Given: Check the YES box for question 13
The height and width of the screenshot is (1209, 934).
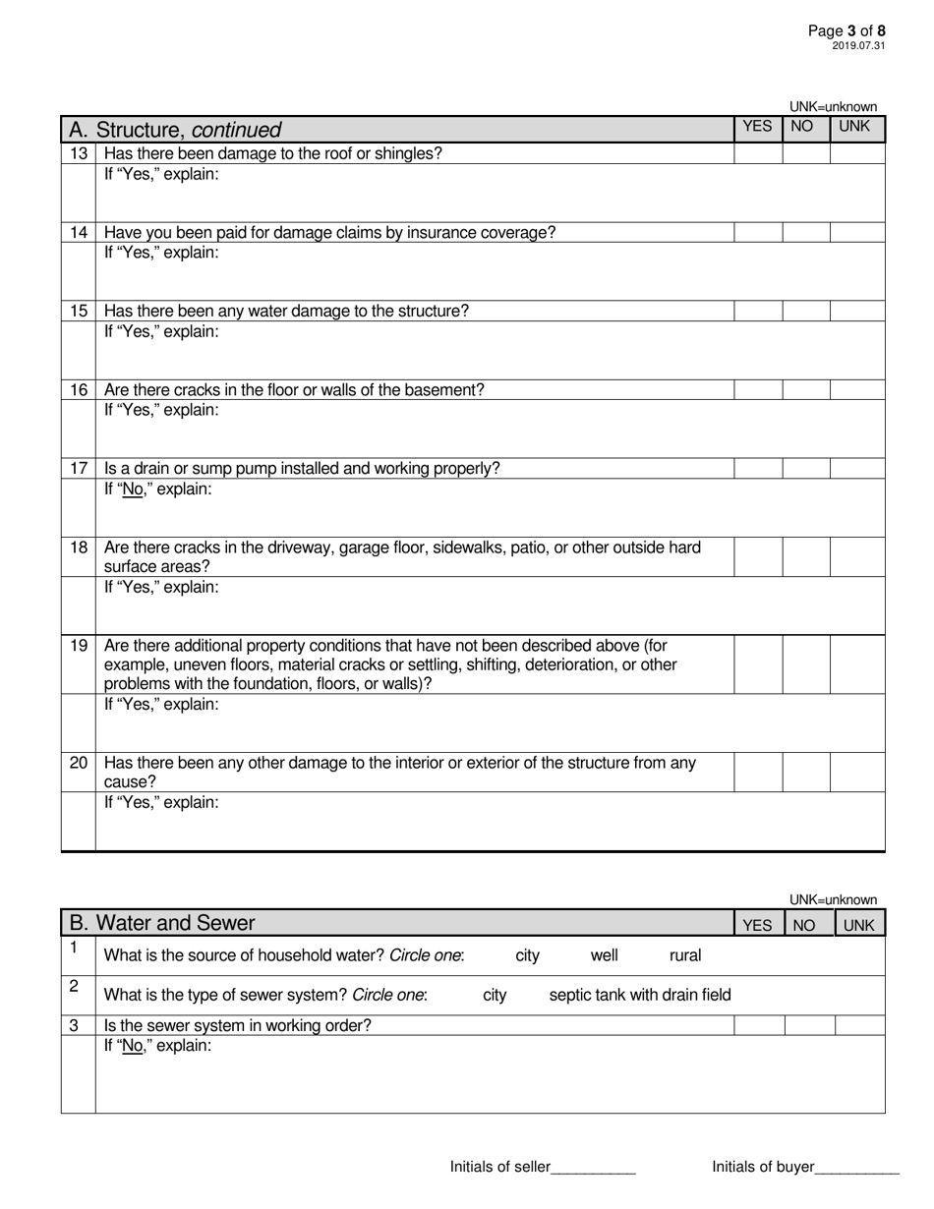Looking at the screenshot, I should pyautogui.click(x=758, y=153).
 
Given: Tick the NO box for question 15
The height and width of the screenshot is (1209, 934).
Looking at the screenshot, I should pyautogui.click(x=806, y=311).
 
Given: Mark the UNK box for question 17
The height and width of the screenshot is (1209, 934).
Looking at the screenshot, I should pyautogui.click(x=857, y=468).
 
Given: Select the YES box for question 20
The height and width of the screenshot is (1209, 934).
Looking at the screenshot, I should pyautogui.click(x=758, y=772).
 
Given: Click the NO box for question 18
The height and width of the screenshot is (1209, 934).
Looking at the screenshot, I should pyautogui.click(x=806, y=556).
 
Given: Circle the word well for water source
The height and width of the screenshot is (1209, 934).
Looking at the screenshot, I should pyautogui.click(x=605, y=954).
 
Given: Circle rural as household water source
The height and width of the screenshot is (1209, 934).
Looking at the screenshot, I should pyautogui.click(x=685, y=954).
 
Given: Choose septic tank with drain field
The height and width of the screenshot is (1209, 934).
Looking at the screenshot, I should pyautogui.click(x=640, y=995).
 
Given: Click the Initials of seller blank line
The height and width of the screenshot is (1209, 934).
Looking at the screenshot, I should pyautogui.click(x=593, y=1168).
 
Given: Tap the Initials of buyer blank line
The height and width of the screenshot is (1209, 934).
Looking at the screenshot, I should pyautogui.click(x=857, y=1168).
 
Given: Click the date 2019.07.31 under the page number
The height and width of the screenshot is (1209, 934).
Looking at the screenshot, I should pyautogui.click(x=858, y=45).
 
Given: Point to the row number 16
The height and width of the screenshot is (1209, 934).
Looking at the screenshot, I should pyautogui.click(x=79, y=390).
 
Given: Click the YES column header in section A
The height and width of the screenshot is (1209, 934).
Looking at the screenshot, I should pyautogui.click(x=758, y=127).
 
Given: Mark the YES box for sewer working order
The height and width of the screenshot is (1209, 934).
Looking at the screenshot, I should pyautogui.click(x=759, y=1025).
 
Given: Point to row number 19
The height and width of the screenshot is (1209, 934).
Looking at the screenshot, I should pyautogui.click(x=79, y=646).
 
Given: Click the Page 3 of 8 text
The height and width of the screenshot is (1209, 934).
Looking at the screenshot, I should pyautogui.click(x=852, y=30).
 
